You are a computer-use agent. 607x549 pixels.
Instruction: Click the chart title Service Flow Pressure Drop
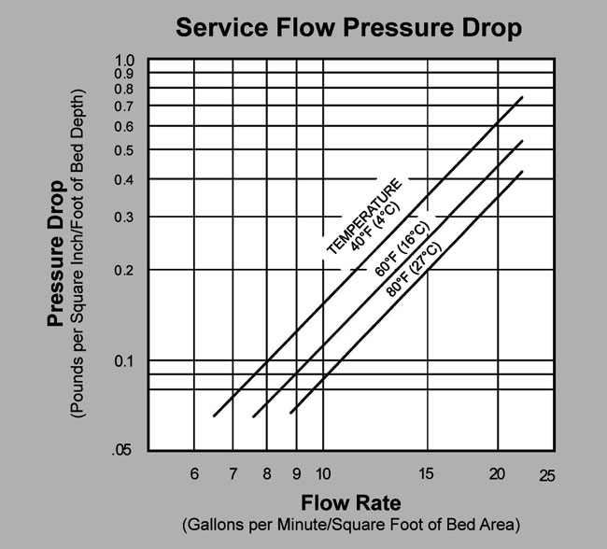pyautogui.click(x=348, y=28)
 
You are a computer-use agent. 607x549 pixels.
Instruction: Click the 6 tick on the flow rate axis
pyautogui.click(x=194, y=474)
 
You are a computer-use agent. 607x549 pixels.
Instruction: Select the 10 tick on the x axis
pyautogui.click(x=322, y=474)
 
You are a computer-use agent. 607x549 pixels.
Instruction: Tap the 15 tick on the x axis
pyautogui.click(x=428, y=474)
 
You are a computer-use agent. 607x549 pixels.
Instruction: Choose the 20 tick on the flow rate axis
pyautogui.click(x=498, y=474)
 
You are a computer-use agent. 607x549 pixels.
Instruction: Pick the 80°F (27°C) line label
pyautogui.click(x=414, y=268)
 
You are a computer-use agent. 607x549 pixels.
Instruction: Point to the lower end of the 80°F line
pyautogui.click(x=291, y=413)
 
